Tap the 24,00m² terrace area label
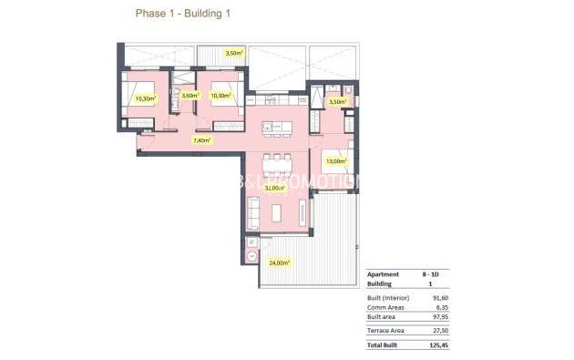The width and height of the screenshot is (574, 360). pos(278,262)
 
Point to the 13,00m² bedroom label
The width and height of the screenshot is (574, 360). pos(335,161)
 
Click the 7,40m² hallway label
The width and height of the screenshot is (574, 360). pos(201,140)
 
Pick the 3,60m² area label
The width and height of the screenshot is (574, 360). pos(190,95)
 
